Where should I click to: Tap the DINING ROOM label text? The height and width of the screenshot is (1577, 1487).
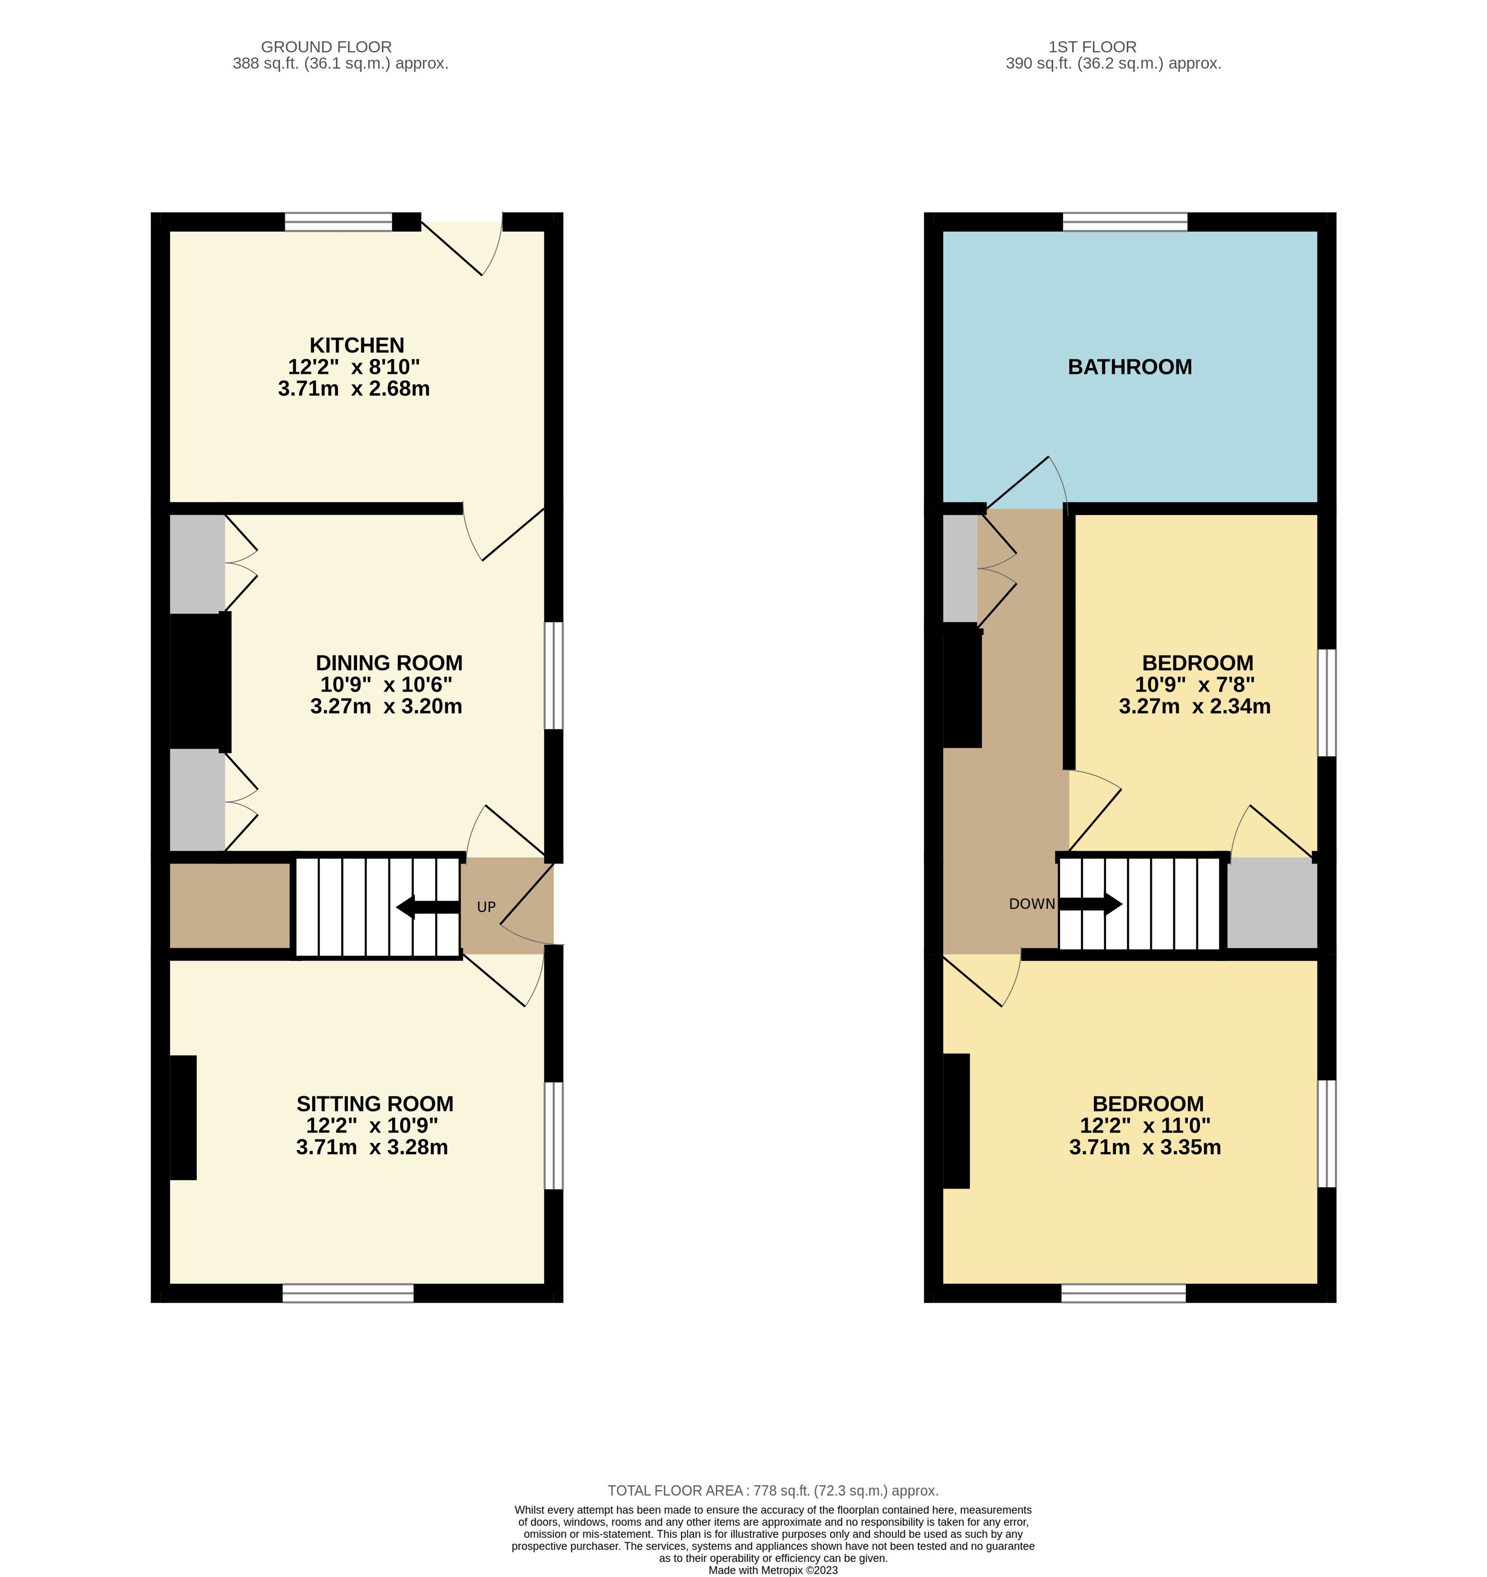[389, 662]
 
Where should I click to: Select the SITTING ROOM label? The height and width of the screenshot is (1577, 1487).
[375, 1104]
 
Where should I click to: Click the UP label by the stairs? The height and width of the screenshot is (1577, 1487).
[486, 907]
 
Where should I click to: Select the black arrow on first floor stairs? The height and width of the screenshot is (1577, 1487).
[1090, 903]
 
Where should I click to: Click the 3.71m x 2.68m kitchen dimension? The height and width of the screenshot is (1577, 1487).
[354, 389]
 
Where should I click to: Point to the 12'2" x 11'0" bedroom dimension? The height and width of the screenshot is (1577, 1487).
[1145, 1126]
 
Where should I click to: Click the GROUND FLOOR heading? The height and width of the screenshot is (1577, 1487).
[326, 47]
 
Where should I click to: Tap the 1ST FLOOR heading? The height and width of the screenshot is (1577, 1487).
[1092, 47]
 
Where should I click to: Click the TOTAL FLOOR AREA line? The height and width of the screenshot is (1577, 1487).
[773, 1490]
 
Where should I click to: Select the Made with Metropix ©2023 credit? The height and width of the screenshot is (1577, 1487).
[773, 1570]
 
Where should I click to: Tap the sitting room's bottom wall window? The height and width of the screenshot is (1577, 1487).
[349, 1294]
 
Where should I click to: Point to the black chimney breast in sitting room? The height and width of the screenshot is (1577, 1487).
[183, 1118]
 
